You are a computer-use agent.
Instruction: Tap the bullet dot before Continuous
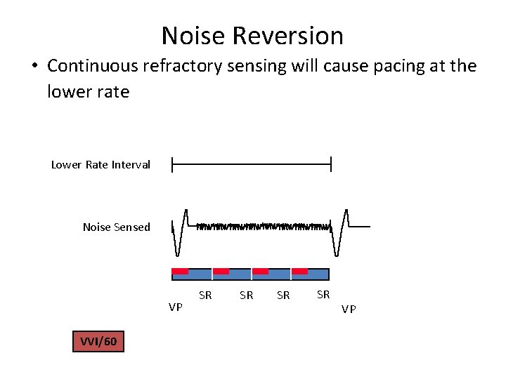tap(33, 67)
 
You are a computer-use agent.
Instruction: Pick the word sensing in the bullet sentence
tap(266, 67)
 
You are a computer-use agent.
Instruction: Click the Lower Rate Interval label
tap(100, 165)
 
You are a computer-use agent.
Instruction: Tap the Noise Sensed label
tap(116, 227)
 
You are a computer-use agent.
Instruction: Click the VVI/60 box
tap(98, 342)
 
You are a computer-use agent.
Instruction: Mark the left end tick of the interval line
tap(172, 165)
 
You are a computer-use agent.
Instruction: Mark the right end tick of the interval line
tap(330, 165)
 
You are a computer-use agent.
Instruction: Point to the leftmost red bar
tap(181, 271)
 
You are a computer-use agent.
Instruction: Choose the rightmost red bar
tap(300, 271)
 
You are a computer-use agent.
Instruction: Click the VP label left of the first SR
tap(176, 307)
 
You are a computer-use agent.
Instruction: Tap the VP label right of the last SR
tap(349, 309)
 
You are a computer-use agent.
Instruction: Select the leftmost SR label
tap(205, 295)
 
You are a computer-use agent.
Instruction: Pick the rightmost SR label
tap(323, 294)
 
